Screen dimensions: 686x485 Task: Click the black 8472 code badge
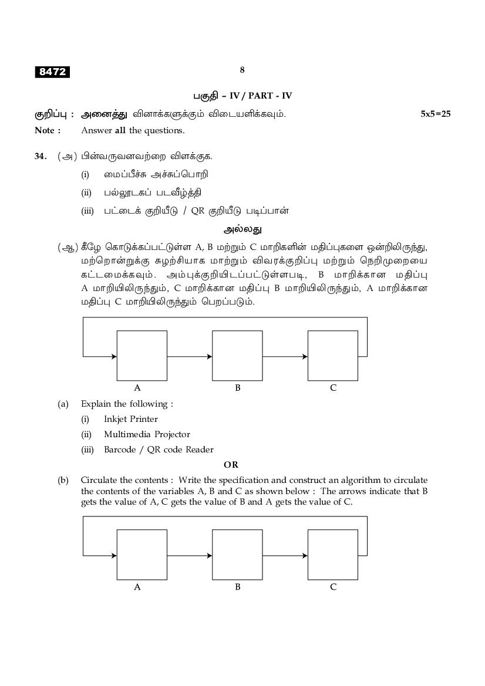click(x=52, y=72)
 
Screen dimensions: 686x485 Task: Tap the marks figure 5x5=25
click(x=435, y=114)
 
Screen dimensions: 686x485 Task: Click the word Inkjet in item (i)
click(x=114, y=419)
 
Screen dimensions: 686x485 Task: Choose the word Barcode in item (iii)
click(x=120, y=450)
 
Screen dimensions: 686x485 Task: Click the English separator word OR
click(x=231, y=465)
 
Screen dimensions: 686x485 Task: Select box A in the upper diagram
click(x=142, y=356)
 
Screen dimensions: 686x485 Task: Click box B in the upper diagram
click(x=237, y=356)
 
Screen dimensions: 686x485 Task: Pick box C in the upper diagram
click(x=333, y=356)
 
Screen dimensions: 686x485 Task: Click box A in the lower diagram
click(x=142, y=555)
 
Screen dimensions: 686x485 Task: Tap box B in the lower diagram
click(x=237, y=555)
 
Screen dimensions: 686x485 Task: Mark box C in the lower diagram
click(x=333, y=555)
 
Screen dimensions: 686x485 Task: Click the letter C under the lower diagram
click(x=333, y=587)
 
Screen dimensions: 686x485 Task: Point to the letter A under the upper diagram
click(x=137, y=388)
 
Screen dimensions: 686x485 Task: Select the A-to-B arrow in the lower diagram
click(x=190, y=555)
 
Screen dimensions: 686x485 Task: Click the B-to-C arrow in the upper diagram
click(x=285, y=356)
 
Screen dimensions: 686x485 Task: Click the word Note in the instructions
click(x=46, y=130)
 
